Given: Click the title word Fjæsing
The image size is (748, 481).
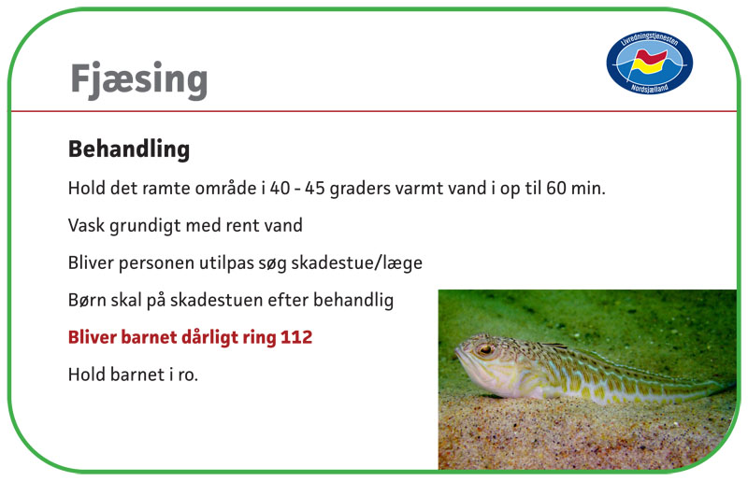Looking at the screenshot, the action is point(138,79).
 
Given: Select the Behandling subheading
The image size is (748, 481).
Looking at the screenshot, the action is point(129,149).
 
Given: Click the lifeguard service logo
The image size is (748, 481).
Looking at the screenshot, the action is point(649,63).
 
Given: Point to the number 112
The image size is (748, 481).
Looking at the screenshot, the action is point(296,337).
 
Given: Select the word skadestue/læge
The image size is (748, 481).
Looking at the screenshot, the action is point(356,263).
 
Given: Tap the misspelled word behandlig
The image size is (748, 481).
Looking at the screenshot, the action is point(353,301).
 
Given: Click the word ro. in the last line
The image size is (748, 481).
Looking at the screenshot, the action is point(188,375).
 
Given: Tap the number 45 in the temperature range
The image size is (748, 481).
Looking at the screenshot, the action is point(315,189).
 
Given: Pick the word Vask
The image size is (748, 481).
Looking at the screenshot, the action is point(86,225).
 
